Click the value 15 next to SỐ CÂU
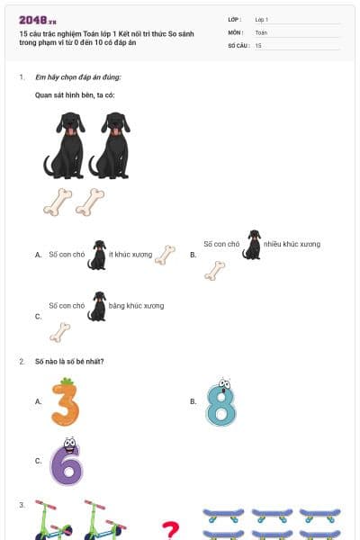tap(258, 44)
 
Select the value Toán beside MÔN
tap(260, 31)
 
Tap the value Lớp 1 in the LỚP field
tap(262, 19)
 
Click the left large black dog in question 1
tap(66, 145)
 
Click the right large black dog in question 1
tap(111, 145)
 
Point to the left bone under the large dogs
tap(57, 202)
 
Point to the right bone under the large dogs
tap(90, 202)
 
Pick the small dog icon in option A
tap(96, 255)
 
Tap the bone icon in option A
tap(165, 256)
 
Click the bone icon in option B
tap(214, 271)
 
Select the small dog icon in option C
tap(96, 306)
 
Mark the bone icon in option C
tap(59, 332)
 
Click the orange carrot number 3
tap(64, 401)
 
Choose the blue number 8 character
tap(220, 402)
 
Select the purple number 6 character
tap(66, 462)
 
